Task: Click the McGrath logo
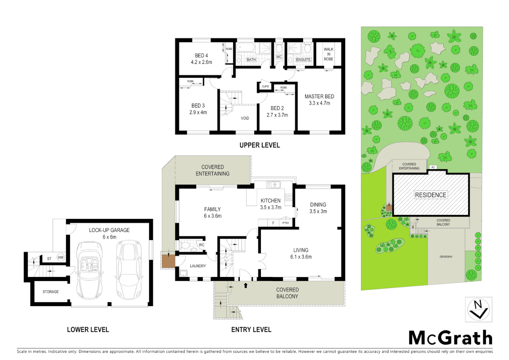coord(450,338)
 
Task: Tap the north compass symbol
coord(478,310)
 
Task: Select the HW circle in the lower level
coord(60,257)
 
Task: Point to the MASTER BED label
coord(319,96)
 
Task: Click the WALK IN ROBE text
coord(328,54)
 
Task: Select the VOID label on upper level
coord(245,118)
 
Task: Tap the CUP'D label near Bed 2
coord(265,87)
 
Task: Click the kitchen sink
coord(273,184)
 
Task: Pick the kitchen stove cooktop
coord(288,197)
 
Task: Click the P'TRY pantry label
coord(285,223)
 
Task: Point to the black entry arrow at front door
coord(246,285)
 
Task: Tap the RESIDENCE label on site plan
coord(430,195)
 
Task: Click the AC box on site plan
coord(433,167)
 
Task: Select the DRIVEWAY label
coord(446,257)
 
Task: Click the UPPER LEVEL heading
coord(259,145)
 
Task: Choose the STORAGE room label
coord(51,292)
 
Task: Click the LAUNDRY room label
coord(198,266)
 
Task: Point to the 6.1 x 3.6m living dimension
coord(301,257)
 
